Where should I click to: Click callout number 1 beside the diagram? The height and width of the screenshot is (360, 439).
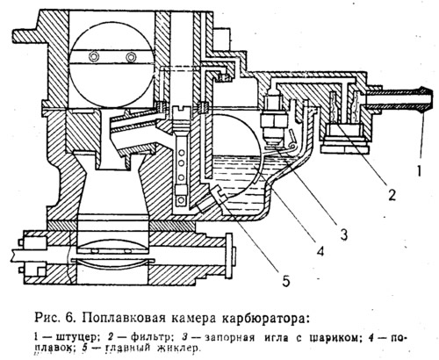419,170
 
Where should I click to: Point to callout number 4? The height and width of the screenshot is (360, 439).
320,251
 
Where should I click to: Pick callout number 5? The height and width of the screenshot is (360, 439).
285,281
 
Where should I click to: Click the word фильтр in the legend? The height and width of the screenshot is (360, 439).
151,338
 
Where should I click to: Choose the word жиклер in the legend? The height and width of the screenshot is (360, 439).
179,349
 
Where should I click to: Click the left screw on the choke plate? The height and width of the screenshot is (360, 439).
94,56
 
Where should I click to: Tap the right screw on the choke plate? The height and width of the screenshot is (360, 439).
131,57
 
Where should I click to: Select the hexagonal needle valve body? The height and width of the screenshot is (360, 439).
273,120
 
